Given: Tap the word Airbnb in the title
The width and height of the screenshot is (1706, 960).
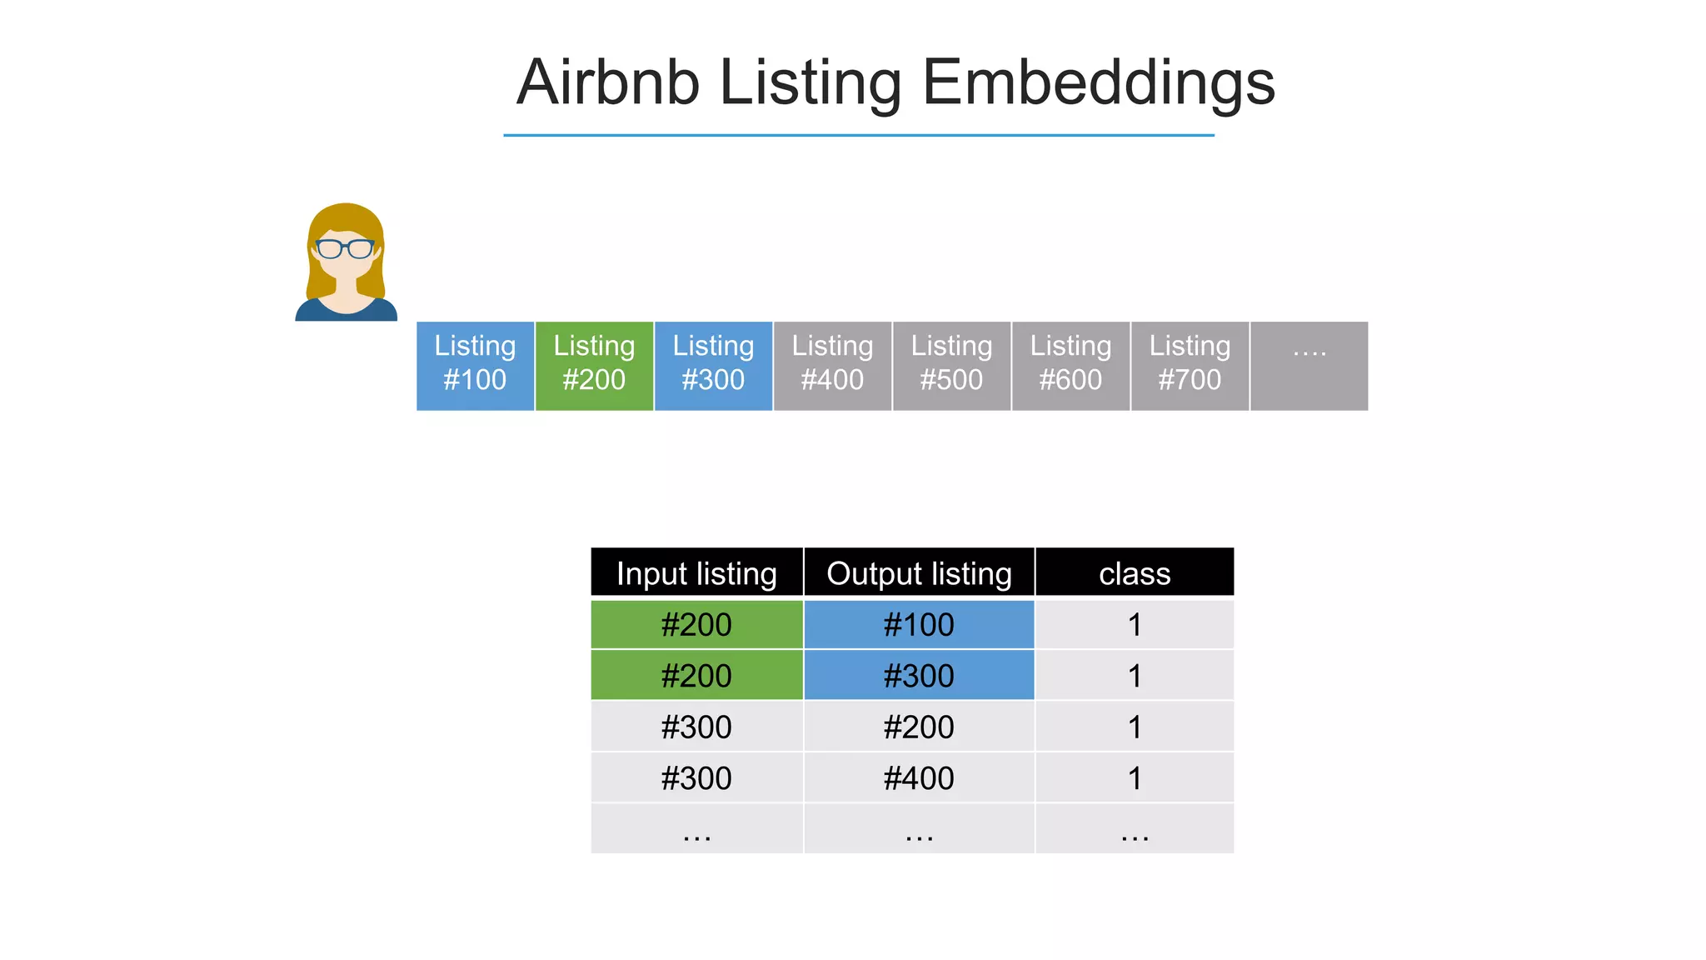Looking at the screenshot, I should (x=608, y=83).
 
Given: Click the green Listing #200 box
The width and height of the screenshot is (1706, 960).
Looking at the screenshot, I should (x=594, y=365).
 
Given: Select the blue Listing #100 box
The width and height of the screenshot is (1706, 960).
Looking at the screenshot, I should (x=475, y=365).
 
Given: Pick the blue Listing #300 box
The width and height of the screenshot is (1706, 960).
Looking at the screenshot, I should (x=713, y=365).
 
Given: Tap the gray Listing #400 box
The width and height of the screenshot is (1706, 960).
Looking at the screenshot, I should (x=832, y=365).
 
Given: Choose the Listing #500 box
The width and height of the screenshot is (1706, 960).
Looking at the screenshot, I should (x=951, y=365).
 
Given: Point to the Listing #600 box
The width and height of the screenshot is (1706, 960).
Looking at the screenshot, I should (x=1070, y=365).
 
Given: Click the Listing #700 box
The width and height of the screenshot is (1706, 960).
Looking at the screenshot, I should (x=1190, y=365).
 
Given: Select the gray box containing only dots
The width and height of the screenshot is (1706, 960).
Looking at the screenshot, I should (x=1309, y=365).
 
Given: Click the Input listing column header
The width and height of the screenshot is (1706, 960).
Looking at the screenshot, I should (x=696, y=573).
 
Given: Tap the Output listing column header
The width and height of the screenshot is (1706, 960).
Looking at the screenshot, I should (x=919, y=573).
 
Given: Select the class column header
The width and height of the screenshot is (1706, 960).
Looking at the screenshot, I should (x=1135, y=573).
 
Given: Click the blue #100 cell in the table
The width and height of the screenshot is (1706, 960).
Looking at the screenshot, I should (x=919, y=625).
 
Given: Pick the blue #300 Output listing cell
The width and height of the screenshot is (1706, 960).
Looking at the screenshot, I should (x=919, y=676).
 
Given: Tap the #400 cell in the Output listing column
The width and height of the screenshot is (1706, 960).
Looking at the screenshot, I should (x=919, y=778).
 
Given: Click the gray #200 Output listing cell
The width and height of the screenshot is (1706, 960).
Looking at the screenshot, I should (x=919, y=727).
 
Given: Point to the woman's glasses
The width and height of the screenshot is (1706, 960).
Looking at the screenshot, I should (x=345, y=248).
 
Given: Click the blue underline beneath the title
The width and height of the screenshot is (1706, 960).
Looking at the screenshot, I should (x=858, y=135).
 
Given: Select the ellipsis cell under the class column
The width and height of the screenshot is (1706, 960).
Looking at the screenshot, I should (x=1135, y=829).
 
